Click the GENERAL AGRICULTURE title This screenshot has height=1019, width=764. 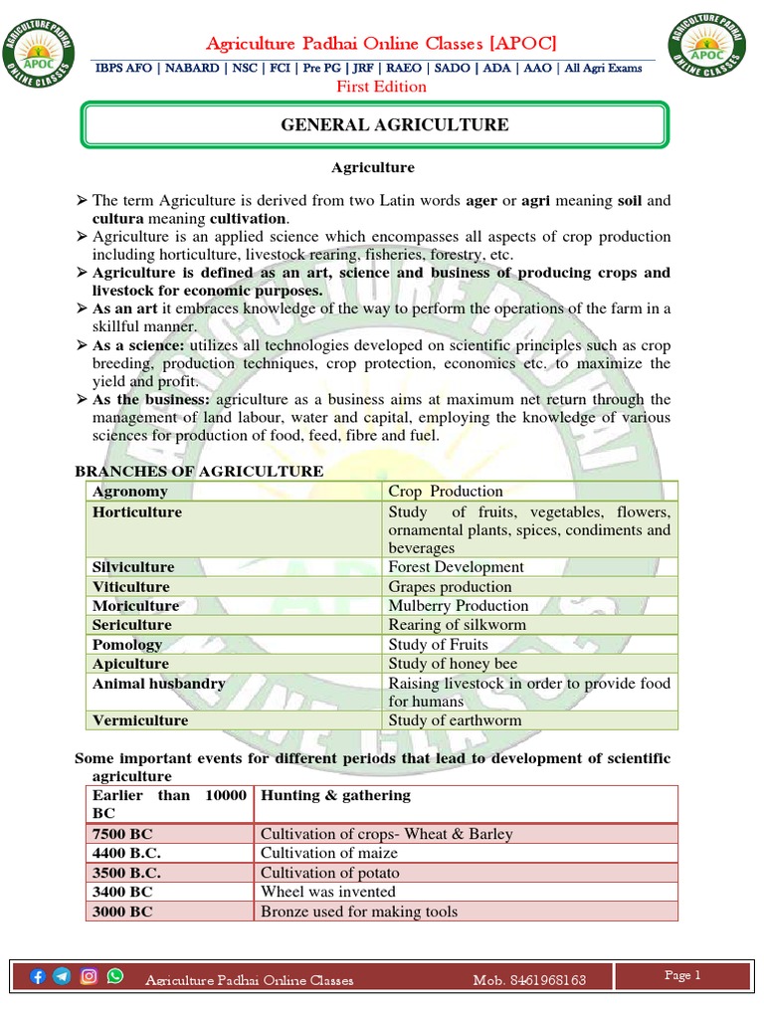tap(380, 124)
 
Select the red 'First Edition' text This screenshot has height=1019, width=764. tap(381, 87)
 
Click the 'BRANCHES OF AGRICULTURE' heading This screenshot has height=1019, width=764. tap(200, 471)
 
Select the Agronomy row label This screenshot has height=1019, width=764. tap(130, 492)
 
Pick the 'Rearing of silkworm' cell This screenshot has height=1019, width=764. tap(457, 625)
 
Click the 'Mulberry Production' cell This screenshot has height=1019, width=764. tap(459, 606)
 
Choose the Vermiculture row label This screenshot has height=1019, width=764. tap(140, 720)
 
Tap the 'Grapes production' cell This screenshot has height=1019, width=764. tap(450, 587)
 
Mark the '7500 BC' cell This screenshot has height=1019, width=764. tap(122, 835)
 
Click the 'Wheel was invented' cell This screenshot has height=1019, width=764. tap(328, 892)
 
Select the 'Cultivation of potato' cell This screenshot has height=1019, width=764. tap(330, 873)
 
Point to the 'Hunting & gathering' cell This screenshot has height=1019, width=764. tap(335, 795)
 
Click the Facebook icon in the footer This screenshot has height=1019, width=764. tap(39, 976)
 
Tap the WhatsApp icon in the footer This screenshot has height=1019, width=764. tap(115, 976)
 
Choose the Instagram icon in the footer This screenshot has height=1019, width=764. tap(90, 976)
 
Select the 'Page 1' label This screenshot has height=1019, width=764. tap(682, 976)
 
